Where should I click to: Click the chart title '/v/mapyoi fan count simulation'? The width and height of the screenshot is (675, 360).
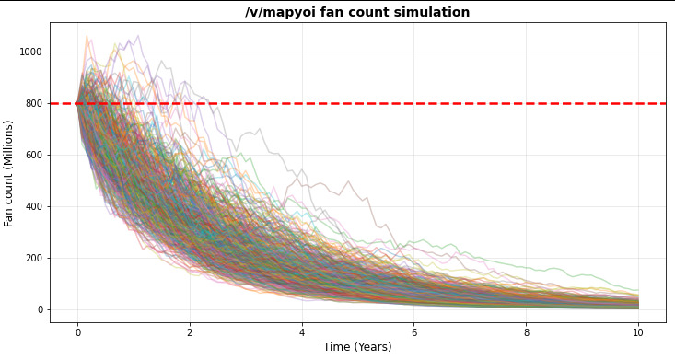pyautogui.click(x=357, y=12)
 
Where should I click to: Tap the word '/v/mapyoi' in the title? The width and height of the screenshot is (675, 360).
pyautogui.click(x=276, y=12)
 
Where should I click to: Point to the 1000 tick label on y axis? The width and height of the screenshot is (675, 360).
pyautogui.click(x=30, y=52)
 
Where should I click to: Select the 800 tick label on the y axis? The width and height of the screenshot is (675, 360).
pyautogui.click(x=33, y=103)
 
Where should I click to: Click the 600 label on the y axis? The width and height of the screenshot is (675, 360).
pyautogui.click(x=33, y=155)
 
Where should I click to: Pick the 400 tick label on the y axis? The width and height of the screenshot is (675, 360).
pyautogui.click(x=33, y=206)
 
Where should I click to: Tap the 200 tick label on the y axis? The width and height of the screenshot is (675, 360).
pyautogui.click(x=33, y=259)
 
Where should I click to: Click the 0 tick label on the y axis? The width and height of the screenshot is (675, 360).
pyautogui.click(x=40, y=309)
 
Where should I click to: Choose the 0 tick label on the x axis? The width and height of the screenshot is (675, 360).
pyautogui.click(x=78, y=332)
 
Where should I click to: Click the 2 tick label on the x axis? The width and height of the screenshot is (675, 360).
pyautogui.click(x=190, y=332)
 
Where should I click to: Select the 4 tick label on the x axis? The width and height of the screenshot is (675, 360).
pyautogui.click(x=302, y=332)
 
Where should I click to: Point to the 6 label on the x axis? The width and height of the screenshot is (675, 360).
pyautogui.click(x=414, y=332)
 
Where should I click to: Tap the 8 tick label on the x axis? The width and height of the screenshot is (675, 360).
pyautogui.click(x=526, y=332)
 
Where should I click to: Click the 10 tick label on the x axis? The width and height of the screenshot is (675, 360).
pyautogui.click(x=638, y=332)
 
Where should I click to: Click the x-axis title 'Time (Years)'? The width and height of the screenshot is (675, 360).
pyautogui.click(x=357, y=347)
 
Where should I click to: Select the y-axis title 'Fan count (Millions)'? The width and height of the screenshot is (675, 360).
pyautogui.click(x=8, y=173)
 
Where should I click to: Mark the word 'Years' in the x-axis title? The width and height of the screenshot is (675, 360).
pyautogui.click(x=374, y=347)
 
